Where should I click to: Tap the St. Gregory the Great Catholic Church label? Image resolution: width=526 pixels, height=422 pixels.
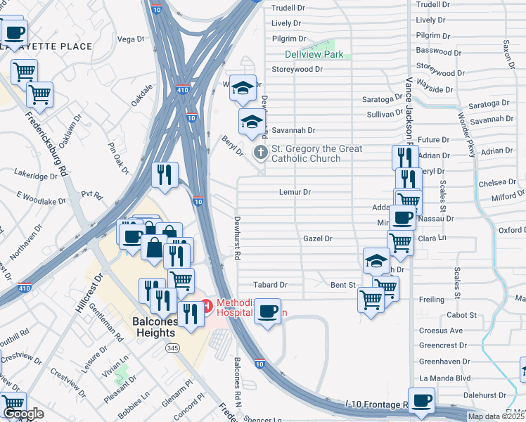click(307, 153)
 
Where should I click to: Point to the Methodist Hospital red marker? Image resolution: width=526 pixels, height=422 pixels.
click(207, 305)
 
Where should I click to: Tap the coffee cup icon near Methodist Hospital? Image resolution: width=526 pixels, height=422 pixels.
click(267, 311)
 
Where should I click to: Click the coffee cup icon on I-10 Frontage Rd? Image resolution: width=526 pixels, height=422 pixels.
click(421, 401)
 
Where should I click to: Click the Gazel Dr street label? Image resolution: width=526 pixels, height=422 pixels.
click(317, 239)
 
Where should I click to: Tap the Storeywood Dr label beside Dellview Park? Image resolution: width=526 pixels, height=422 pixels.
click(297, 70)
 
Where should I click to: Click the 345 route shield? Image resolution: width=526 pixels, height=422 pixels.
click(172, 348)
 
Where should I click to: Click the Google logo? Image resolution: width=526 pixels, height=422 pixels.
click(23, 414)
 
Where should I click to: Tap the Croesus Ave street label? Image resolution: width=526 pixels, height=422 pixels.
click(441, 331)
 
